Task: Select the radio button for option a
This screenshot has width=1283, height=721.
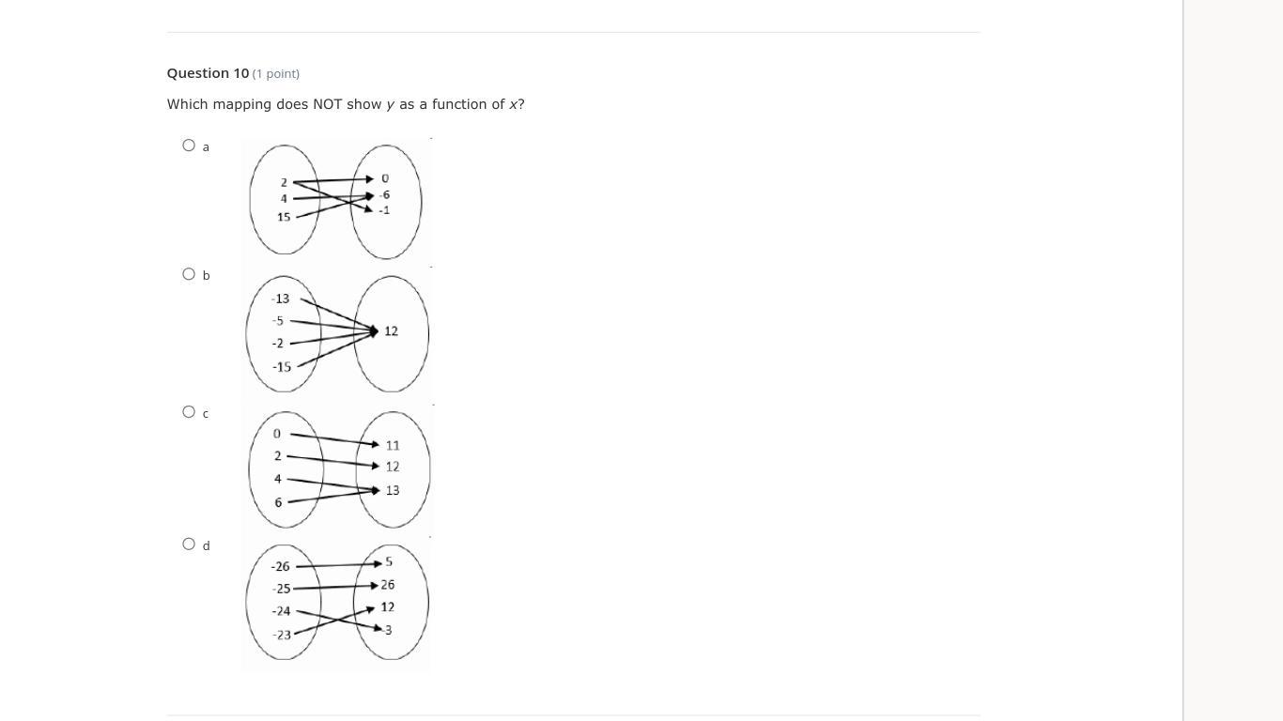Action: tap(189, 146)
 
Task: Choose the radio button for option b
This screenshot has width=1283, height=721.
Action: tap(189, 274)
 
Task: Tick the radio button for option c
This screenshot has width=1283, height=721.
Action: tap(189, 412)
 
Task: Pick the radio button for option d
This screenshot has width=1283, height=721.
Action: tap(189, 545)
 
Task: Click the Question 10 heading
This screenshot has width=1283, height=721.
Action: tap(208, 73)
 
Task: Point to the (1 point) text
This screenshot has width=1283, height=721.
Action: tap(276, 73)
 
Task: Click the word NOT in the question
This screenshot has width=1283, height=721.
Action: tap(327, 104)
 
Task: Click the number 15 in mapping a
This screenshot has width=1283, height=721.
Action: tap(284, 217)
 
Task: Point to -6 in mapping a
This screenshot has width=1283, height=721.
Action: tap(384, 195)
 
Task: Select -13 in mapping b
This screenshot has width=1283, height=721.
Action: tap(280, 299)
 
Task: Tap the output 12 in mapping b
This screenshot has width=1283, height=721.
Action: tap(391, 331)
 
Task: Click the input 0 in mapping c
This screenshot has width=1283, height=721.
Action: tap(277, 434)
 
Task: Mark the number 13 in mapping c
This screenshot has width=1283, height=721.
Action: tap(393, 490)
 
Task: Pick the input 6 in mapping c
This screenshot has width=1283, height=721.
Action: tap(278, 502)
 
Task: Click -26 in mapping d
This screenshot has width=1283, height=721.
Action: tap(280, 566)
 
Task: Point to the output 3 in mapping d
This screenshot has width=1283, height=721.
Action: tap(388, 630)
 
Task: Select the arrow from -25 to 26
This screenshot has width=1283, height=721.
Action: tap(333, 587)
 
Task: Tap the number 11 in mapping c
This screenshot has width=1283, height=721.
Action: tap(393, 445)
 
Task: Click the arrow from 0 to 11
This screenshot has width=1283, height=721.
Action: tap(333, 438)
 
